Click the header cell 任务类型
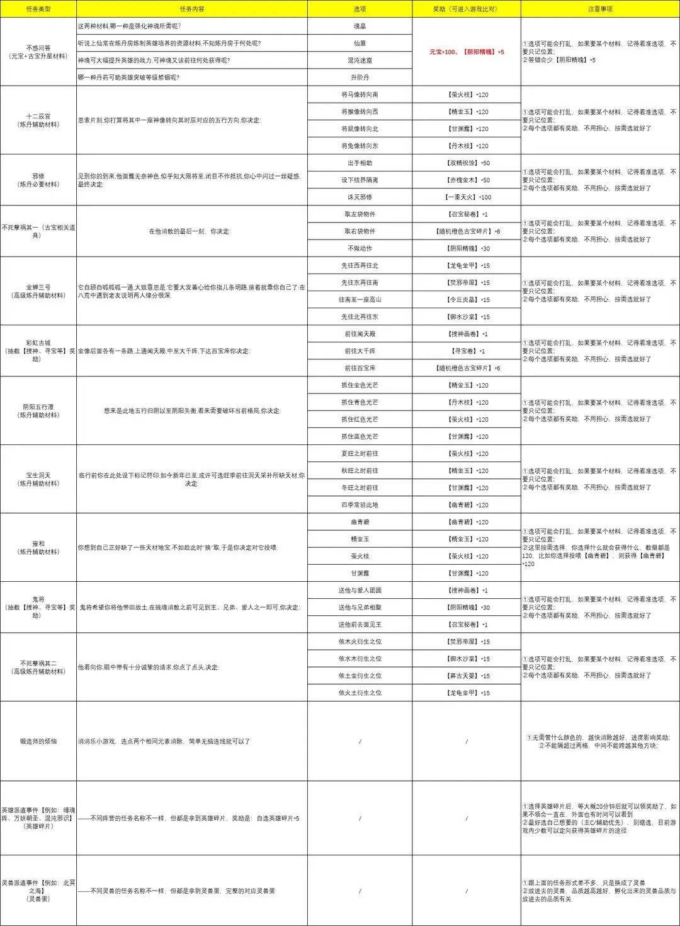pos(38,9)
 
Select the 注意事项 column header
pos(599,9)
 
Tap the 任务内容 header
pos(192,9)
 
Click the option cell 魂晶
pos(360,26)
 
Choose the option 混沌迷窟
pos(360,61)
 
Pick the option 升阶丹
pos(360,78)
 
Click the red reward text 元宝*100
pos(443,52)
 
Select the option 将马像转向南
pos(360,95)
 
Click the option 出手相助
pos(360,163)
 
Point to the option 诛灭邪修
pos(360,197)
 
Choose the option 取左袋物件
pos(360,214)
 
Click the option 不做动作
pos(360,248)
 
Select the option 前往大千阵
pos(360,351)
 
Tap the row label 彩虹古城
pos(38,343)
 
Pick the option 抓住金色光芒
pos(360,385)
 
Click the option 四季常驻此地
pos(360,505)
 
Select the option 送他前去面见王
pos(360,625)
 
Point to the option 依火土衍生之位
pos(360,693)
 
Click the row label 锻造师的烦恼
pos(38,741)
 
